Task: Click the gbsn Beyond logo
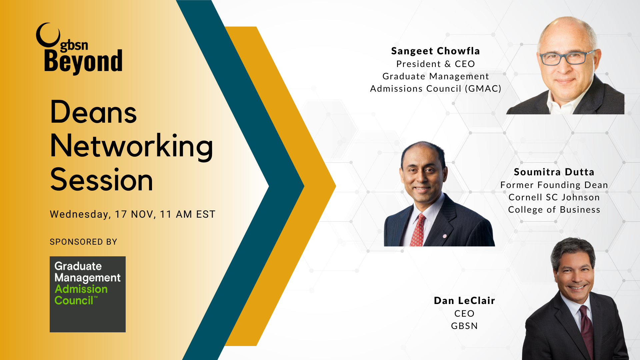tap(79, 49)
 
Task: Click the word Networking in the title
tap(132, 147)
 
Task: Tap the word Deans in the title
tap(93, 112)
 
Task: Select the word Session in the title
tap(102, 180)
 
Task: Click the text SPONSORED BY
tap(83, 242)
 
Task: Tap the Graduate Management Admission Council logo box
tap(88, 294)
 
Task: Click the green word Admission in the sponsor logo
tap(81, 289)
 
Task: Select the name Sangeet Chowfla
tap(435, 51)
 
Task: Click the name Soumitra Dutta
tap(554, 172)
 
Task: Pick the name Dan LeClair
tap(464, 301)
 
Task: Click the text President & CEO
tap(435, 64)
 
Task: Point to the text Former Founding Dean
tap(554, 185)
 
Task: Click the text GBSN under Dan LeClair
tap(464, 326)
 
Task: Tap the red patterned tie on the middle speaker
tap(418, 230)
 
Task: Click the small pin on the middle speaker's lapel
tap(445, 236)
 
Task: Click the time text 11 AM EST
tap(188, 214)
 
